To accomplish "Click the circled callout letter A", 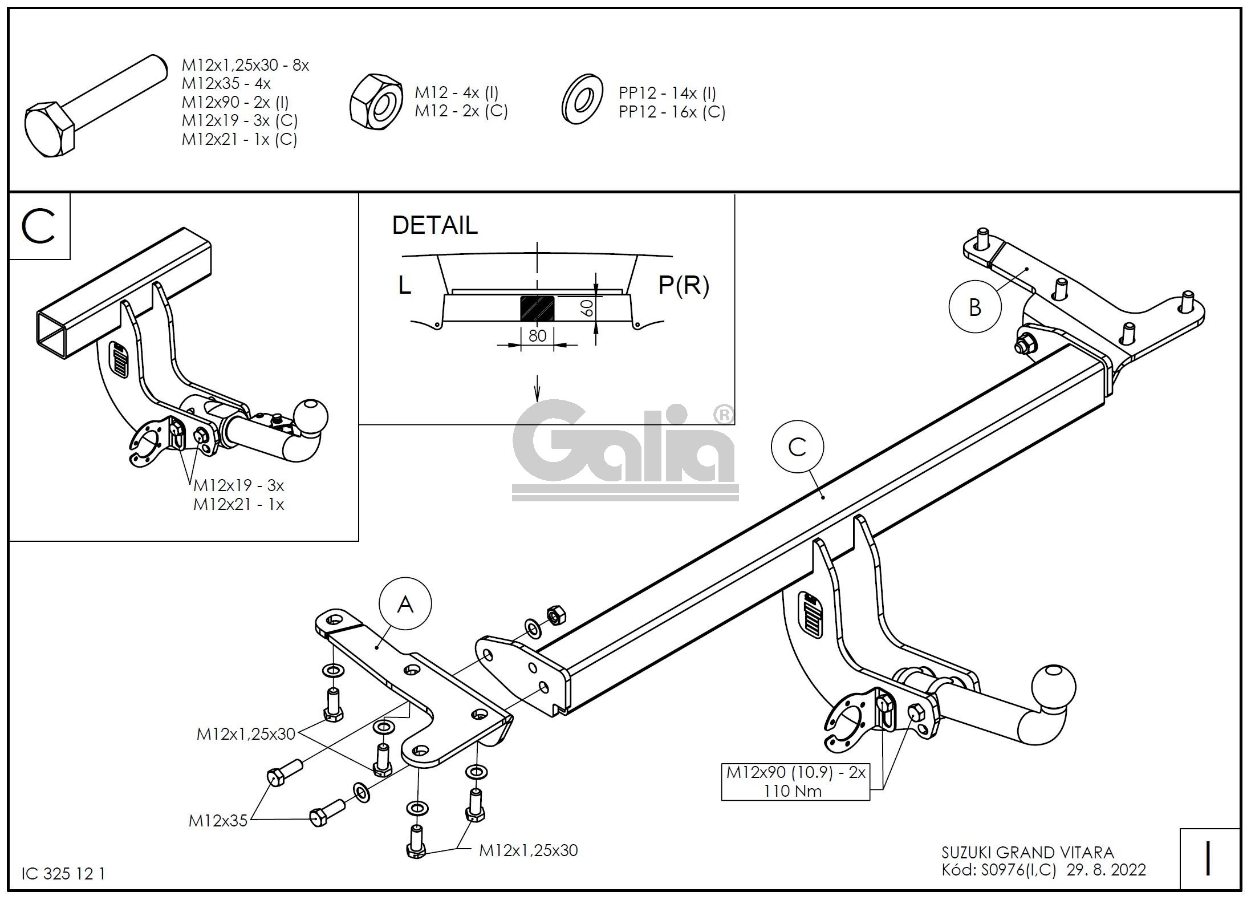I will pos(405,605).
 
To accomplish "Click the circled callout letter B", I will pos(975,307).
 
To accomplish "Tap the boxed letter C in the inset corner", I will pos(38,226).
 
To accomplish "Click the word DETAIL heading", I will pos(434,225).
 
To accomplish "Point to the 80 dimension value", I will pos(537,336).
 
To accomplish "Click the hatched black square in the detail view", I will pos(537,309).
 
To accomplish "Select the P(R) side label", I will pos(684,285).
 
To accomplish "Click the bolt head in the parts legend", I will pos(49,130).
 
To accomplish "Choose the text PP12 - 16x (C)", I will pos(672,112).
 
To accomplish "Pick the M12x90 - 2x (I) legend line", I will pos(235,102).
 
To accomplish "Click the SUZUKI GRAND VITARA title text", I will pos(1027,853).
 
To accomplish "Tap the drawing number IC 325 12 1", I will pos(63,874).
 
